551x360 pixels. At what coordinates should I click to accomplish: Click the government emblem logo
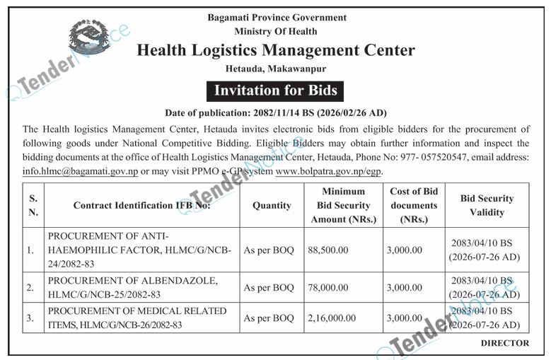click(89, 37)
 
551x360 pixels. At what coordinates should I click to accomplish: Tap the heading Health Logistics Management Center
click(275, 50)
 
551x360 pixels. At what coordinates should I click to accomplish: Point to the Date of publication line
click(275, 112)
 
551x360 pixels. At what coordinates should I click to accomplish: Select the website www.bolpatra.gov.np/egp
click(320, 170)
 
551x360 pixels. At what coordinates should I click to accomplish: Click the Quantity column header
click(272, 205)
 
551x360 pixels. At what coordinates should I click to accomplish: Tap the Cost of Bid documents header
click(414, 205)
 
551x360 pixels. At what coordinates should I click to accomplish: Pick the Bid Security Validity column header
click(487, 205)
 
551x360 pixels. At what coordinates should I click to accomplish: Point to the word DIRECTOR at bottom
click(504, 343)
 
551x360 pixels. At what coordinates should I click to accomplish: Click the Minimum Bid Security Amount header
click(343, 205)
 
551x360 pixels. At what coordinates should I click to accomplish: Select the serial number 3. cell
click(30, 318)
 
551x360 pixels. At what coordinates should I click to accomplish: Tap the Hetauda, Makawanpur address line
click(275, 69)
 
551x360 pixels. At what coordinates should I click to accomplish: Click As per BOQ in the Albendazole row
click(269, 288)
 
